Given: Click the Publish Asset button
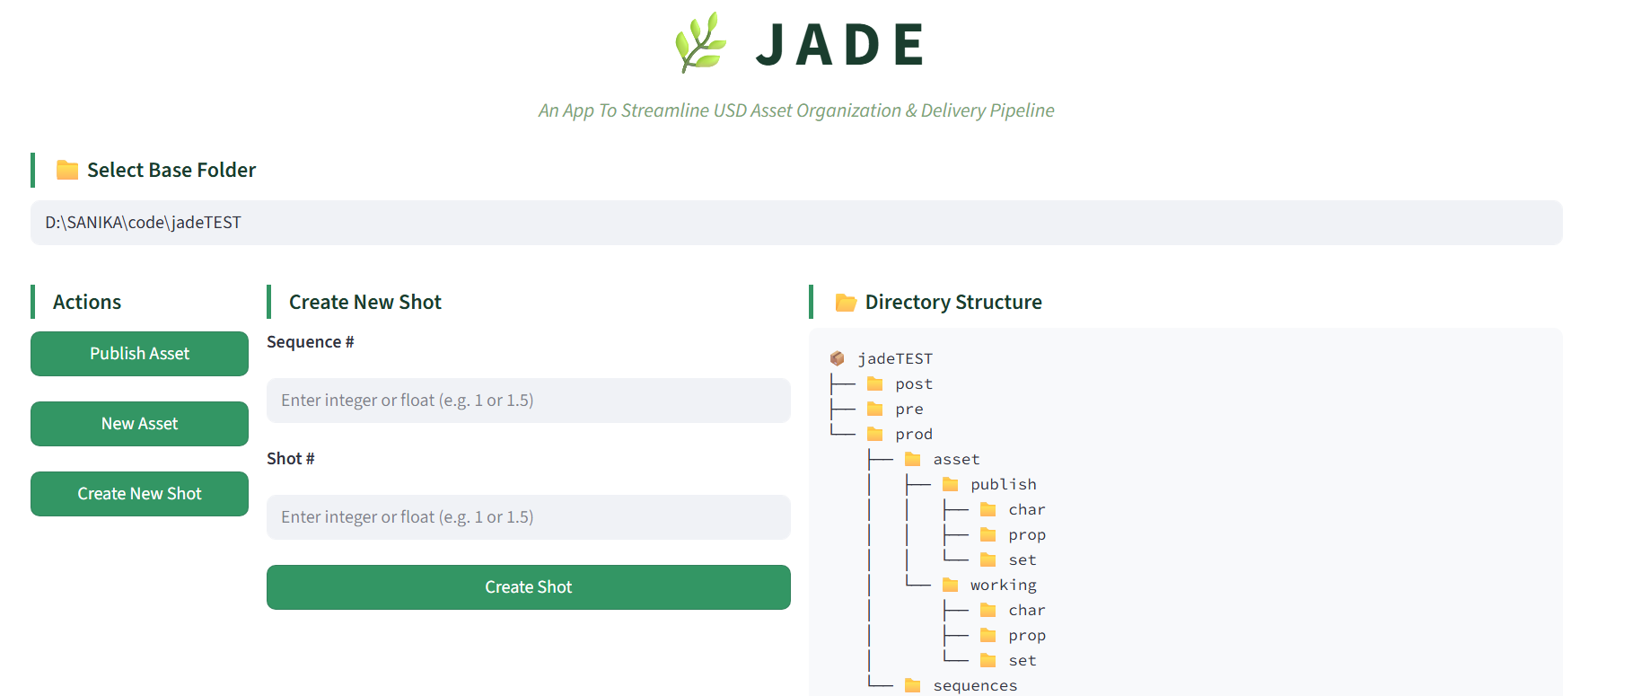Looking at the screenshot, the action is click(139, 354).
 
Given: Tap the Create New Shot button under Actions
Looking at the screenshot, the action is click(139, 494).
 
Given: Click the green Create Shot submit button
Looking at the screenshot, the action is click(529, 587).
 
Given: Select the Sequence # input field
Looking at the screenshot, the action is click(529, 401).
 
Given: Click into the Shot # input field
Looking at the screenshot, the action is click(529, 517).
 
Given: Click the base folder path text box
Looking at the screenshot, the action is click(796, 223).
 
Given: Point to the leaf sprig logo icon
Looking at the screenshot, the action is click(700, 42).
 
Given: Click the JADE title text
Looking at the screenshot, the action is click(840, 45).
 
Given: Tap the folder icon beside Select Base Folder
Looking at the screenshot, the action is click(67, 170).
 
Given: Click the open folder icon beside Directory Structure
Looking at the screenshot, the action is click(846, 303).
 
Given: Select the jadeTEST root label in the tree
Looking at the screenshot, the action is click(895, 358).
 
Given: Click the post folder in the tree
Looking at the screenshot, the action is click(914, 384).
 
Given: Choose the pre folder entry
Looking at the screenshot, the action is click(909, 410).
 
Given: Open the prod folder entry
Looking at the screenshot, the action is click(914, 435).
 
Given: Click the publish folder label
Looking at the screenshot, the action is click(1004, 485).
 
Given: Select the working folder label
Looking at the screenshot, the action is click(1004, 586).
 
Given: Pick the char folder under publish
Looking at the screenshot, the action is click(1027, 510).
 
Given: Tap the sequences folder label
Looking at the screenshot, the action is click(975, 686).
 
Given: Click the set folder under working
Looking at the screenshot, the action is click(1022, 661).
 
